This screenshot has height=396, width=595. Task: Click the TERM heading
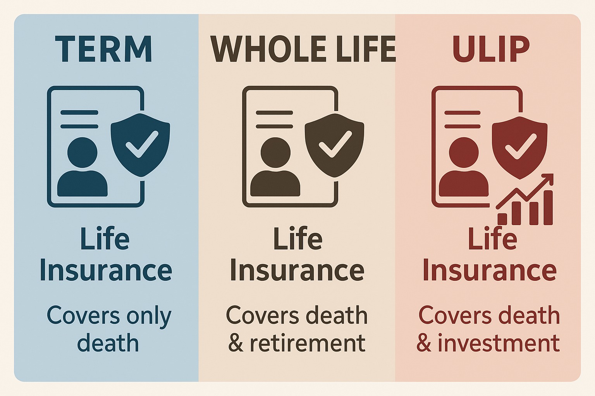pos(103,49)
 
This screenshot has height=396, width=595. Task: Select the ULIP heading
pos(491,49)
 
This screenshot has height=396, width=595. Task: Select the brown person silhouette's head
pos(275,152)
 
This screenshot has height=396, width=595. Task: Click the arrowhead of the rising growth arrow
pos(547,180)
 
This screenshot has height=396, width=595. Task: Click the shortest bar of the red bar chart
pos(502,219)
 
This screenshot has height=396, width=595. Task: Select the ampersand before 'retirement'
pos(236,343)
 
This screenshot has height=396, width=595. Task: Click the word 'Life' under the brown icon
pos(297,239)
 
